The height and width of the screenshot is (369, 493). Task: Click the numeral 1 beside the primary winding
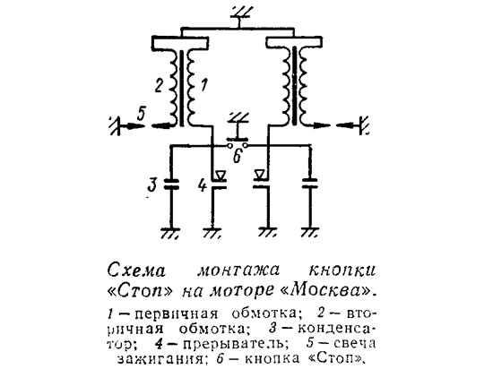pos(203,85)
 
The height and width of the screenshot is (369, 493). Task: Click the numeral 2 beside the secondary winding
pos(159,86)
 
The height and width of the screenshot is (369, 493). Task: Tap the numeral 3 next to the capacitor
pos(152,184)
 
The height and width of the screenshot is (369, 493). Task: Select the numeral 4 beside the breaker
pos(203,185)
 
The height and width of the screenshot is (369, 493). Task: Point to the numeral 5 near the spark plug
pos(141,114)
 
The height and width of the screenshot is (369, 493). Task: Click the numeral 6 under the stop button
pos(238,156)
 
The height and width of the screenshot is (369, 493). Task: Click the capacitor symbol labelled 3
pos(171,184)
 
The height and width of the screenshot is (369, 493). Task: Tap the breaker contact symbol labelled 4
pos(219,181)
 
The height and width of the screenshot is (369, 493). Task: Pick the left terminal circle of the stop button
pos(229,145)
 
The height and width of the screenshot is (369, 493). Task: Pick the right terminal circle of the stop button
pos(245,145)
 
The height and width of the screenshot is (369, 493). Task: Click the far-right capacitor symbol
pos(310,184)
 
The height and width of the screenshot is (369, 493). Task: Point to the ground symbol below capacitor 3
pos(170,233)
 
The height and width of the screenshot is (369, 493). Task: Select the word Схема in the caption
pos(136,270)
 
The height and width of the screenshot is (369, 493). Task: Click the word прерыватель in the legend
pos(234,344)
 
